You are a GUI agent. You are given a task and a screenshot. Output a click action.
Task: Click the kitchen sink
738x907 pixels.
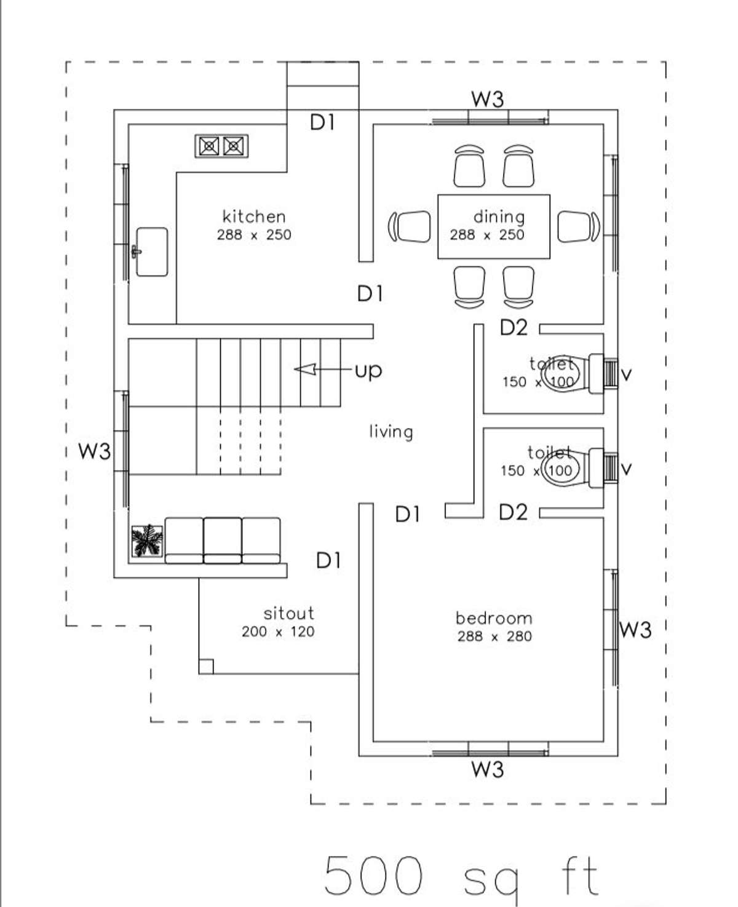(152, 252)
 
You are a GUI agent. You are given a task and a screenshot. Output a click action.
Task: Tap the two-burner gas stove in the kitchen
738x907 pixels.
(221, 146)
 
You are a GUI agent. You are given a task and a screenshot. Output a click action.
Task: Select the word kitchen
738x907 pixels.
(254, 216)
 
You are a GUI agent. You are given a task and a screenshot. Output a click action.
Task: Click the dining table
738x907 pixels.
(494, 226)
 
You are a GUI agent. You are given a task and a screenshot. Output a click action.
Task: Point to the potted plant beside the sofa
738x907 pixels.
(147, 541)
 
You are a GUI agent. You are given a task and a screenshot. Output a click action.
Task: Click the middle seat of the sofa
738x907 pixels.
(222, 541)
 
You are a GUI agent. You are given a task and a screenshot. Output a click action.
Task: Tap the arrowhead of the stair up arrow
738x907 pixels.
(305, 369)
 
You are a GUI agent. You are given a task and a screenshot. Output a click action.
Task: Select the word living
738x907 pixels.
(391, 432)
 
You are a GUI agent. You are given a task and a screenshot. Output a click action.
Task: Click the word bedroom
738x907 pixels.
(494, 618)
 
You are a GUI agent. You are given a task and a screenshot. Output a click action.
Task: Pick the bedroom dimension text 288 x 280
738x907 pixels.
(494, 636)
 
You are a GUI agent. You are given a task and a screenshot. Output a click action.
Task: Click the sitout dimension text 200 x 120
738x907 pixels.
(278, 632)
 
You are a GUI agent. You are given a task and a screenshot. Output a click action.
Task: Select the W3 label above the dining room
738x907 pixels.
(488, 99)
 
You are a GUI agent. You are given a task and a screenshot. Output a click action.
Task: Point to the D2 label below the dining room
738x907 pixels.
(514, 327)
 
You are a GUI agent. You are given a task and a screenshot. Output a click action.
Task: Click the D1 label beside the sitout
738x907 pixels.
(329, 560)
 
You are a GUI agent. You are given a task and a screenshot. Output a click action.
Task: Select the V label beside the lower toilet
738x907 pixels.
(627, 469)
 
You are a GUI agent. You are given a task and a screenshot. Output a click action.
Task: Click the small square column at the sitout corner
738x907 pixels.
(206, 667)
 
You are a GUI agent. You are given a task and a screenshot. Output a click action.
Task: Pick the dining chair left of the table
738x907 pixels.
(409, 226)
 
